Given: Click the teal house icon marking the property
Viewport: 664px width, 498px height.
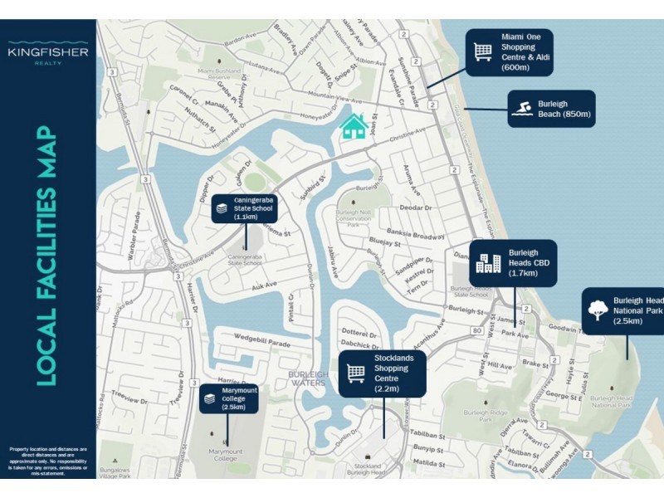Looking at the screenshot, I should coord(354,128).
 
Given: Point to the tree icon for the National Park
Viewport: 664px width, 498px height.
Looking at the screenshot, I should coord(597,310).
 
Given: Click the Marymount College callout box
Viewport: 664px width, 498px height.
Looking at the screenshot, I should coord(227,398).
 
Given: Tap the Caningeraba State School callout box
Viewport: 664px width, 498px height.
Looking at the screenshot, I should coord(245,207).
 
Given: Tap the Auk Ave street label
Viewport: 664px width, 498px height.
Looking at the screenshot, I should coord(264,285).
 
